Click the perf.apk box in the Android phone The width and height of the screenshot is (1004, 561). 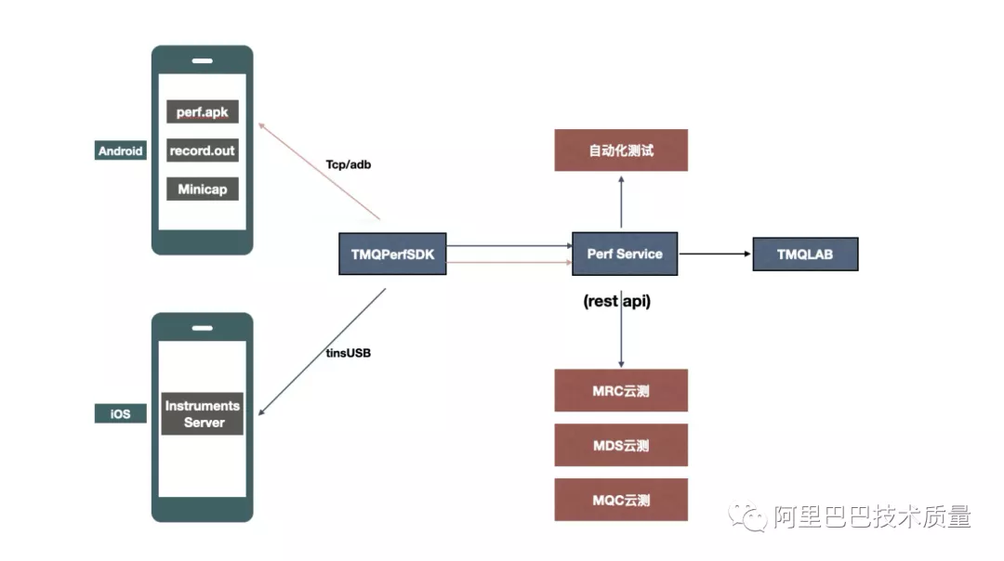pos(203,111)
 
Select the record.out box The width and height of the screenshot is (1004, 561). pos(203,150)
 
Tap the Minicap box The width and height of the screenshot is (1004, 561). pos(203,189)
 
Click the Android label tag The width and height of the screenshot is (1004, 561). pos(121,150)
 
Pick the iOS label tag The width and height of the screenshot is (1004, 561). pos(121,413)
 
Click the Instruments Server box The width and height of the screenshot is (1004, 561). pos(203,413)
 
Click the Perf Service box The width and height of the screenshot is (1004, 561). pos(625,254)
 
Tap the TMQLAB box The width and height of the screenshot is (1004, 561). pos(805,254)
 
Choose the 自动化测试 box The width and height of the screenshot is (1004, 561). pos(621,150)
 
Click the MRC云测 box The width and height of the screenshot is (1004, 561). pos(621,390)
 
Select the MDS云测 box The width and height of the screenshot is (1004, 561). pos(621,445)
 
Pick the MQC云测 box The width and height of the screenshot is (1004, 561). pos(621,500)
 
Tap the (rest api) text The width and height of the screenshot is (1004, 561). pos(616,301)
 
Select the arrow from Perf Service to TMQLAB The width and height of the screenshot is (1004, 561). pos(715,254)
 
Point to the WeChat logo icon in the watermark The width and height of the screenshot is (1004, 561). pos(749,516)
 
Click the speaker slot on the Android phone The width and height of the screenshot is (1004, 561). pos(203,61)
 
